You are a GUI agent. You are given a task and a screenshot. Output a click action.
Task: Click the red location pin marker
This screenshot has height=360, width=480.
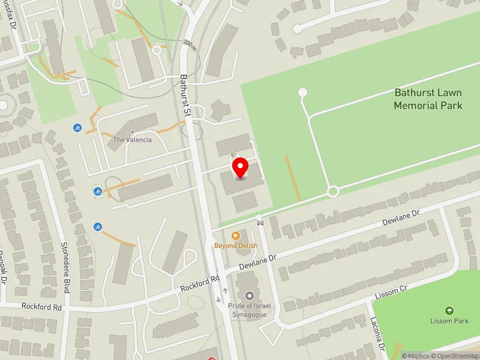(241, 168)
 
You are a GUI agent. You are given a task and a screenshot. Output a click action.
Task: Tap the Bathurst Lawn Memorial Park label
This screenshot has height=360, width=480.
(428, 99)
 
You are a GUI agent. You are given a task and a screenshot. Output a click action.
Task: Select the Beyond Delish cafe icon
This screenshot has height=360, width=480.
(236, 236)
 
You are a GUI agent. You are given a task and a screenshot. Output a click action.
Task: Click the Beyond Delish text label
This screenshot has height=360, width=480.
(236, 246)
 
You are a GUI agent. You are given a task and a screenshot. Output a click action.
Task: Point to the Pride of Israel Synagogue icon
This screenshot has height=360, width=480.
(249, 296)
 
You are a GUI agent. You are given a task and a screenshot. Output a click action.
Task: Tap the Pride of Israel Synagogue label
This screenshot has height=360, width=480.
(250, 310)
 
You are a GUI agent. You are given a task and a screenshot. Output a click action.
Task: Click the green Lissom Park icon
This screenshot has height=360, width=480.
(449, 310)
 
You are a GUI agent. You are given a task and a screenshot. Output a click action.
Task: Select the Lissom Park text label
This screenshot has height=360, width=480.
(449, 321)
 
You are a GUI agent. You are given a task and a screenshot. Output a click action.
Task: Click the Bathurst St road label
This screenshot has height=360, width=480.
(186, 96)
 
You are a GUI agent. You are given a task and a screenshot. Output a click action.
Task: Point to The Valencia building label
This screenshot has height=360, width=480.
(133, 140)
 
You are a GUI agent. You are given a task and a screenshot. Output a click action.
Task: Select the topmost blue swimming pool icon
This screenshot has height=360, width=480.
(77, 128)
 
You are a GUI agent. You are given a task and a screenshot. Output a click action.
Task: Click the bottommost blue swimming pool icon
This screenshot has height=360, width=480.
(97, 226)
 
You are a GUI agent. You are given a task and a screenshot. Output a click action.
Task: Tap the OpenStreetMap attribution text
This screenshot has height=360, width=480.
(454, 356)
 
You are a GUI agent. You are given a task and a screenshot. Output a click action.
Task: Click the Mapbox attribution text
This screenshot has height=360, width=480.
(417, 356)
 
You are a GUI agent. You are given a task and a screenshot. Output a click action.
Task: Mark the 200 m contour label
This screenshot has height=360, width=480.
(190, 44)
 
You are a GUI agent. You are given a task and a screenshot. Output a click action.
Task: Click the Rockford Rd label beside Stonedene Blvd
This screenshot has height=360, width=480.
(41, 306)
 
